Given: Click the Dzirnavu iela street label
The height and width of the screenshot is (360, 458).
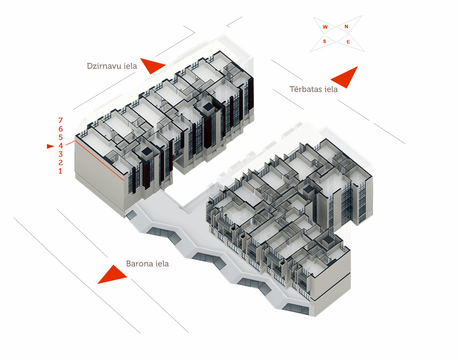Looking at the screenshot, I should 112,65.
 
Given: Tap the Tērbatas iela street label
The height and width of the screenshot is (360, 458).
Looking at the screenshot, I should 313,89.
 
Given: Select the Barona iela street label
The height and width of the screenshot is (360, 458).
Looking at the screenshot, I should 147,264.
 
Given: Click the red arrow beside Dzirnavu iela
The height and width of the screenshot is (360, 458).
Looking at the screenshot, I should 152,65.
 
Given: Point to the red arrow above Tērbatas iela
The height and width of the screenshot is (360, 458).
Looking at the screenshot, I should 345,77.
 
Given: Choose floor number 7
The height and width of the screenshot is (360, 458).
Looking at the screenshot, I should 60,120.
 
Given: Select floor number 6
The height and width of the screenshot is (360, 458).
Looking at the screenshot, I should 60,129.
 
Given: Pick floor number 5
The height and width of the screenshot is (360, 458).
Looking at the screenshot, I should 60,137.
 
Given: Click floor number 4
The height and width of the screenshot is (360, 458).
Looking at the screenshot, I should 60,146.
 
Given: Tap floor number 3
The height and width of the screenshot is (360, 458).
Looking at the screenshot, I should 60,154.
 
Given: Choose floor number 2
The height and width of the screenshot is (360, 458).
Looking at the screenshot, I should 60,163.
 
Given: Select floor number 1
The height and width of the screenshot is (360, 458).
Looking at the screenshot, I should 60,171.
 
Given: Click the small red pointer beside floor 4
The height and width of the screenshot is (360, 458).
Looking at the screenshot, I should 49,146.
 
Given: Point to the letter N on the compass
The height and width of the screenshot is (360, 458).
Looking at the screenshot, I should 346,26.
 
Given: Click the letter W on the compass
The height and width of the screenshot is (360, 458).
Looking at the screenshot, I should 325,27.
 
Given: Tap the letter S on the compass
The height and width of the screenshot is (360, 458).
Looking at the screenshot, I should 325,42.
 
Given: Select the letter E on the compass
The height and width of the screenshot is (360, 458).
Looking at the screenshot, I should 348,42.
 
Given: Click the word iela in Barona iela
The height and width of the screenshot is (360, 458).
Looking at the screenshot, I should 161,264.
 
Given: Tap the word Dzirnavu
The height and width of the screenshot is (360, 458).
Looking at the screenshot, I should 103,65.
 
